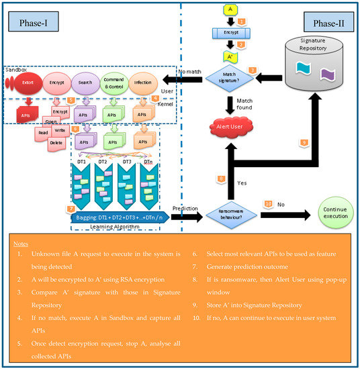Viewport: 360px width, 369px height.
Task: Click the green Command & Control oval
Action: tap(114, 84)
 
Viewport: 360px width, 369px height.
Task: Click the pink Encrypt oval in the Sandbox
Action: tap(56, 85)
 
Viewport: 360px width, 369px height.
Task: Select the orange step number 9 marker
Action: tap(304, 143)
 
